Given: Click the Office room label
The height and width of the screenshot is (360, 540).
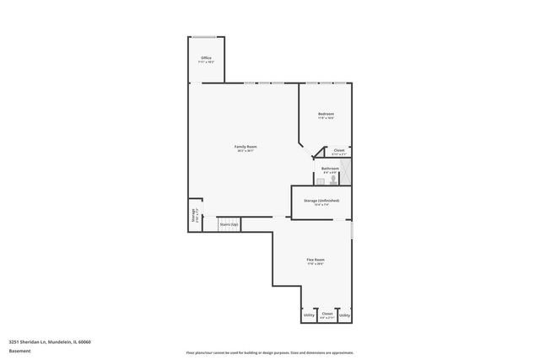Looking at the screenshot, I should (x=206, y=57).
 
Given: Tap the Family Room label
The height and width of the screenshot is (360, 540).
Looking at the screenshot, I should (x=246, y=147).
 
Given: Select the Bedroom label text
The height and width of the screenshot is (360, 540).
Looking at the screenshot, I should (x=326, y=114).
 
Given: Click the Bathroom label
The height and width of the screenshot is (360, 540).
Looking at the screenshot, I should (x=329, y=168).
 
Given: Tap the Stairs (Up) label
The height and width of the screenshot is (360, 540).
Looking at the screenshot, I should (x=229, y=224).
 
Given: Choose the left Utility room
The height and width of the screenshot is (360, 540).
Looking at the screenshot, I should (x=308, y=314).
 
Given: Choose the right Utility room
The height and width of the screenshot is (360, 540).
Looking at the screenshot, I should (x=344, y=314).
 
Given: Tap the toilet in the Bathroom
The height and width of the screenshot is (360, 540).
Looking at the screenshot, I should (x=334, y=179).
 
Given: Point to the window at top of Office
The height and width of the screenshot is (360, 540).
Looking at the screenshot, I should (x=206, y=36).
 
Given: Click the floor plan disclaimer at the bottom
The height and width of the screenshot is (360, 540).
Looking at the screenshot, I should (x=270, y=352).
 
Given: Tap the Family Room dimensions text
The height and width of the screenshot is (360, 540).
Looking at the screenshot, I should (x=246, y=152).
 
